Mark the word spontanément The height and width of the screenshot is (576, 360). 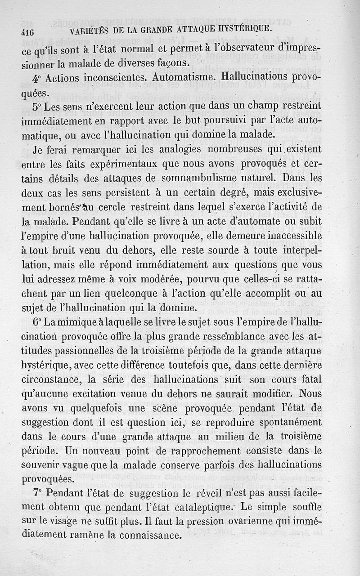[x=282, y=423]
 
